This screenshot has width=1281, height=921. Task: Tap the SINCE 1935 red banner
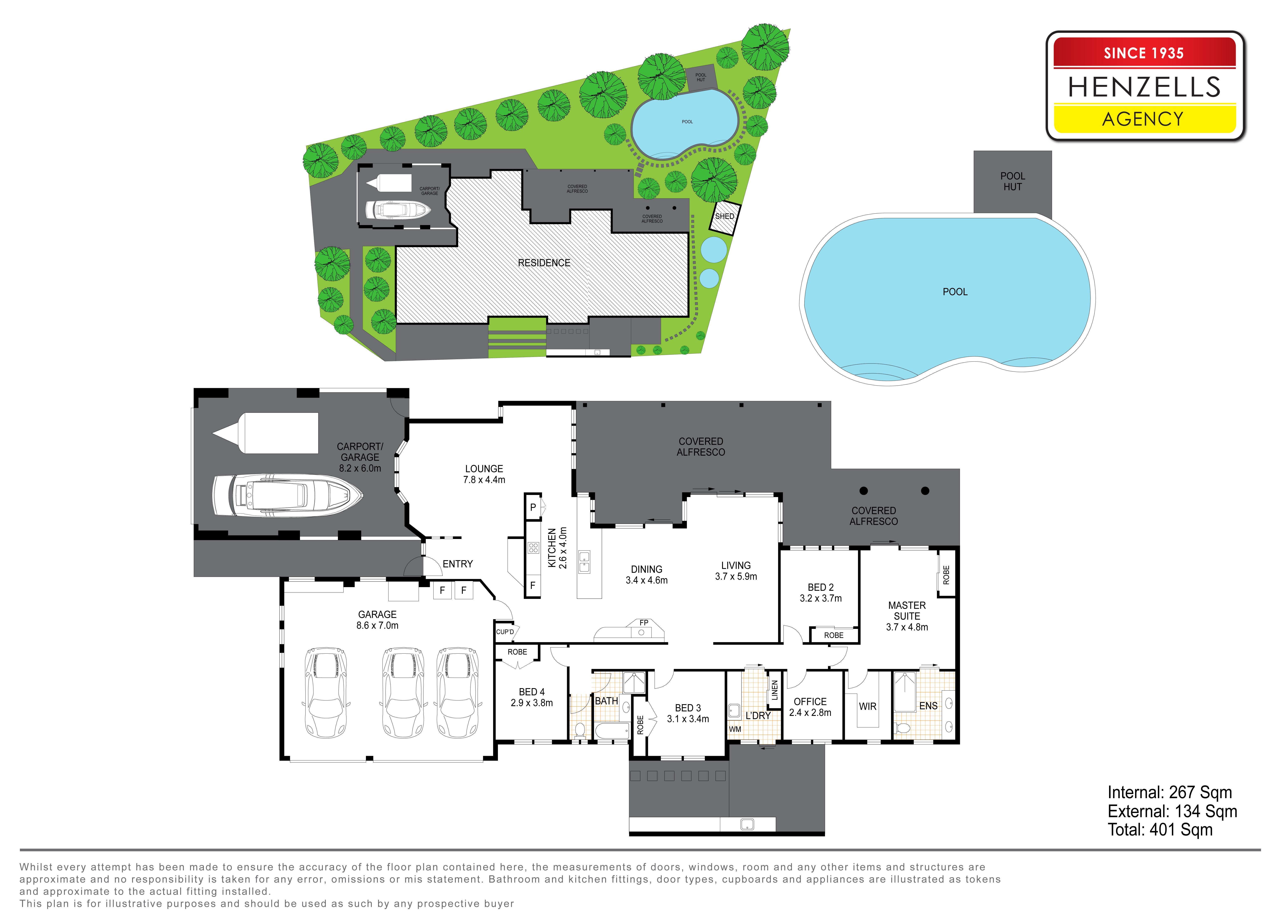click(x=1144, y=52)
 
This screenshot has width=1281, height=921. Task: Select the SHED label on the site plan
click(x=725, y=216)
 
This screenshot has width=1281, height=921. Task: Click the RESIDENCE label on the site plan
click(x=544, y=263)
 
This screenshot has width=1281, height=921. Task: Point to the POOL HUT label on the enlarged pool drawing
click(x=1013, y=181)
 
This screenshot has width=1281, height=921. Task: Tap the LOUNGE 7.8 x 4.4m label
click(x=484, y=474)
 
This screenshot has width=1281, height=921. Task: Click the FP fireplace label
click(x=644, y=623)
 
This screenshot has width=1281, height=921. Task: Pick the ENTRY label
click(x=458, y=564)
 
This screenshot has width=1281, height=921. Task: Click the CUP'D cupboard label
click(x=505, y=632)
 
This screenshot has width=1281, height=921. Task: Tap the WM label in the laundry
click(x=735, y=729)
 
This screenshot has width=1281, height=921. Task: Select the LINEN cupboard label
click(x=774, y=690)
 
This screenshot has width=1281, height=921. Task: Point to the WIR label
click(x=868, y=707)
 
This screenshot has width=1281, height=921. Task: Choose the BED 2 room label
click(x=821, y=588)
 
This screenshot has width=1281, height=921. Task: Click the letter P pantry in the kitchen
click(x=533, y=507)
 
